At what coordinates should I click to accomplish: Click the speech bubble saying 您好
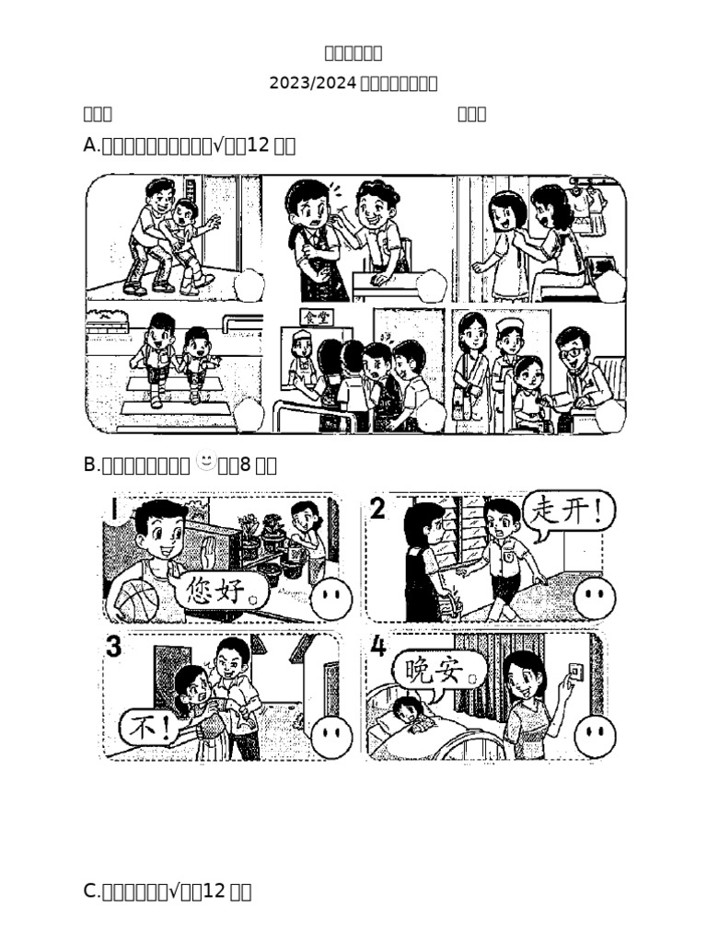(225, 589)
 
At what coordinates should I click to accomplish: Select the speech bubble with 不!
(148, 729)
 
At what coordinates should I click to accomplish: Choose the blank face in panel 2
(595, 598)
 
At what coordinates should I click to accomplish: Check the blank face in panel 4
(595, 737)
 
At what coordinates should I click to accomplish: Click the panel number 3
(113, 647)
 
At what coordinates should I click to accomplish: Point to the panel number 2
(378, 509)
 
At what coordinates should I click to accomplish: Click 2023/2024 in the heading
(311, 84)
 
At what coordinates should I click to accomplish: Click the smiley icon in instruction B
(205, 460)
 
